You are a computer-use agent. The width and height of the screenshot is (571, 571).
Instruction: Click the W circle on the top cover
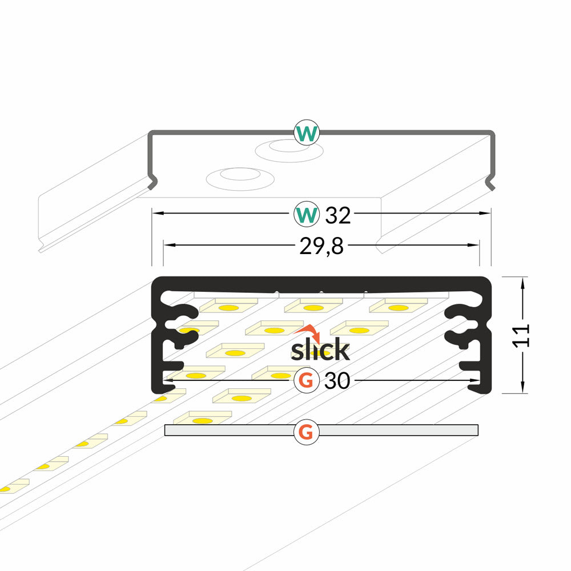click(307, 132)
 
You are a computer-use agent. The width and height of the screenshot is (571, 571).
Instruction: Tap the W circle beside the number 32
click(307, 215)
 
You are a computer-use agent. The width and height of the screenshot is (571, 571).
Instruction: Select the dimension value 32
click(337, 215)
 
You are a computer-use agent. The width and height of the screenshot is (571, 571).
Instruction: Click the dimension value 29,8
click(321, 246)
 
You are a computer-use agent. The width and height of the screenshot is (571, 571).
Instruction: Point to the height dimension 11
click(521, 335)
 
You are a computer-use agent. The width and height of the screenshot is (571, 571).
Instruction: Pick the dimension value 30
click(337, 381)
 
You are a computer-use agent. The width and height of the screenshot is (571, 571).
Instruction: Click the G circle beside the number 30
click(307, 380)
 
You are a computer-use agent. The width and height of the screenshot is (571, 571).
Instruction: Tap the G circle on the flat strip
click(307, 432)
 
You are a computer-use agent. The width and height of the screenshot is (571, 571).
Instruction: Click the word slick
click(320, 349)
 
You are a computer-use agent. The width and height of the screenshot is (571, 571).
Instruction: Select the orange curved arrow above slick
click(309, 332)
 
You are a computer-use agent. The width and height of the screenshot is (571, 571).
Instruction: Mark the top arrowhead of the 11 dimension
click(522, 282)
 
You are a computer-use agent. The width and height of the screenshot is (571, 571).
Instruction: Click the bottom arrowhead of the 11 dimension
click(522, 388)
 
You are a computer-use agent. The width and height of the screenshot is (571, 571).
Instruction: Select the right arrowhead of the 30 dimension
click(475, 380)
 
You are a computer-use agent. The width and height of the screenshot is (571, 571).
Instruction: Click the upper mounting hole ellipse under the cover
click(289, 150)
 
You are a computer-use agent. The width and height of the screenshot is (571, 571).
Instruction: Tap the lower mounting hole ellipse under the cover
click(240, 179)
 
